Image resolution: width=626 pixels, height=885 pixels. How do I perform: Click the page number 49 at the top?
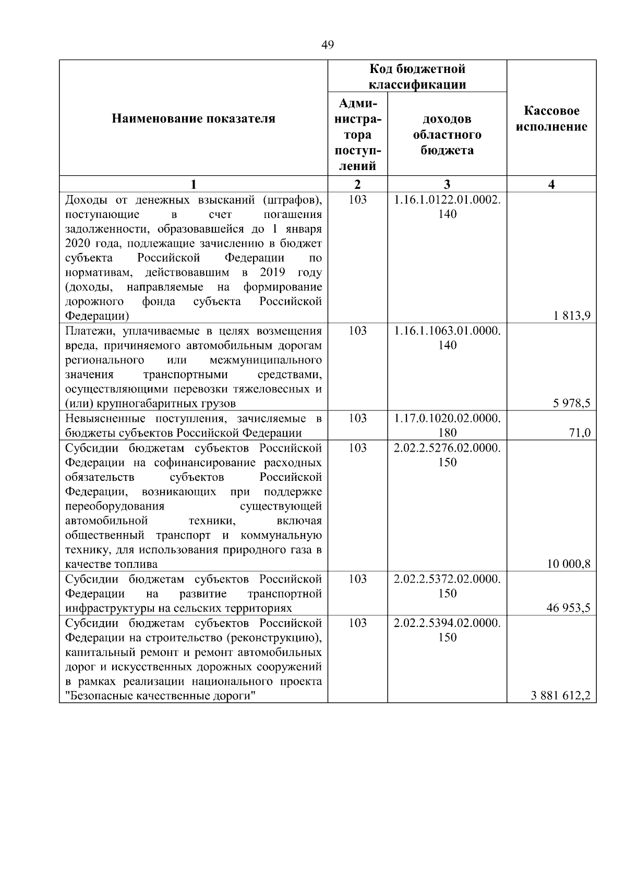point(327,45)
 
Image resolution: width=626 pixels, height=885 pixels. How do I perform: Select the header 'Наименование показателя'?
point(193,119)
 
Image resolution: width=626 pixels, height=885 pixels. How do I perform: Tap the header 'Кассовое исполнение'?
point(551,119)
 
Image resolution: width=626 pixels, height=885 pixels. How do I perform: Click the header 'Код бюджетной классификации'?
point(417,77)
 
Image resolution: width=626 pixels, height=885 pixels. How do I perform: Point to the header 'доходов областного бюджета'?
point(447,135)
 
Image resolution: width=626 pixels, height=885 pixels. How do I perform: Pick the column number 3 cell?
point(447,184)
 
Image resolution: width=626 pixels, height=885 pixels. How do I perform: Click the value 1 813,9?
point(572,316)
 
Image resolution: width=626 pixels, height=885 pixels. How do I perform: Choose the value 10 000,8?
point(569,564)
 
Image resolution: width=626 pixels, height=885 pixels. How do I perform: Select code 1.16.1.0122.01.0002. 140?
point(447,207)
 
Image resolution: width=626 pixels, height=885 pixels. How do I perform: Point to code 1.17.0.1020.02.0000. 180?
point(447,425)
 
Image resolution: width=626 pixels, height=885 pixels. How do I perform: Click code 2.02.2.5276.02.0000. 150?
point(447,455)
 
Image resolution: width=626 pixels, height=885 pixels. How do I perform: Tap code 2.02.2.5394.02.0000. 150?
point(447,630)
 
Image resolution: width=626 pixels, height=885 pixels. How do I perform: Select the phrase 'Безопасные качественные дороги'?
point(163,696)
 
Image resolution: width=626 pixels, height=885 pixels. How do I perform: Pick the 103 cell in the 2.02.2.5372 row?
point(357,579)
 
